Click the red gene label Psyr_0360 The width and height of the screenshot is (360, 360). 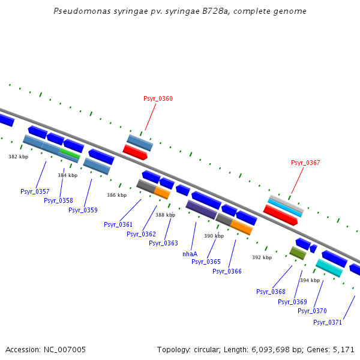[158, 98]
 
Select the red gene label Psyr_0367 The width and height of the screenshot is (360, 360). [305, 163]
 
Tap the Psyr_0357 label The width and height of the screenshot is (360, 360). [35, 191]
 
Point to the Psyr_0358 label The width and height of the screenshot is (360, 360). [58, 200]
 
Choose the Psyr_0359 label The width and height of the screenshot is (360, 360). [83, 210]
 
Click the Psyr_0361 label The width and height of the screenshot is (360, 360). [118, 224]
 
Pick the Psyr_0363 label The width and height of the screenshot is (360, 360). [163, 243]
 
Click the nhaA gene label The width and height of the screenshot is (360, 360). [190, 254]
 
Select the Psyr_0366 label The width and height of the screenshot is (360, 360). [227, 271]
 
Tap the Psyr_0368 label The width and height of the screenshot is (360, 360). [271, 292]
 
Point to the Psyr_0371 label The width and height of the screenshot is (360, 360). [328, 322]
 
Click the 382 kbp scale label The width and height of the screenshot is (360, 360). [18, 157]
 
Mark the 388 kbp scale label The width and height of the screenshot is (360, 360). [165, 215]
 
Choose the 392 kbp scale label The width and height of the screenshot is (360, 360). [262, 257]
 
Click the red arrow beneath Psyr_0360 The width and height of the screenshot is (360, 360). [135, 152]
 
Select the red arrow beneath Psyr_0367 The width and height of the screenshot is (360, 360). [280, 215]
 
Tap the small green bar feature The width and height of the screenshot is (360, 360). [70, 154]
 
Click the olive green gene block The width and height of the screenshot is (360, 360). [298, 253]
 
